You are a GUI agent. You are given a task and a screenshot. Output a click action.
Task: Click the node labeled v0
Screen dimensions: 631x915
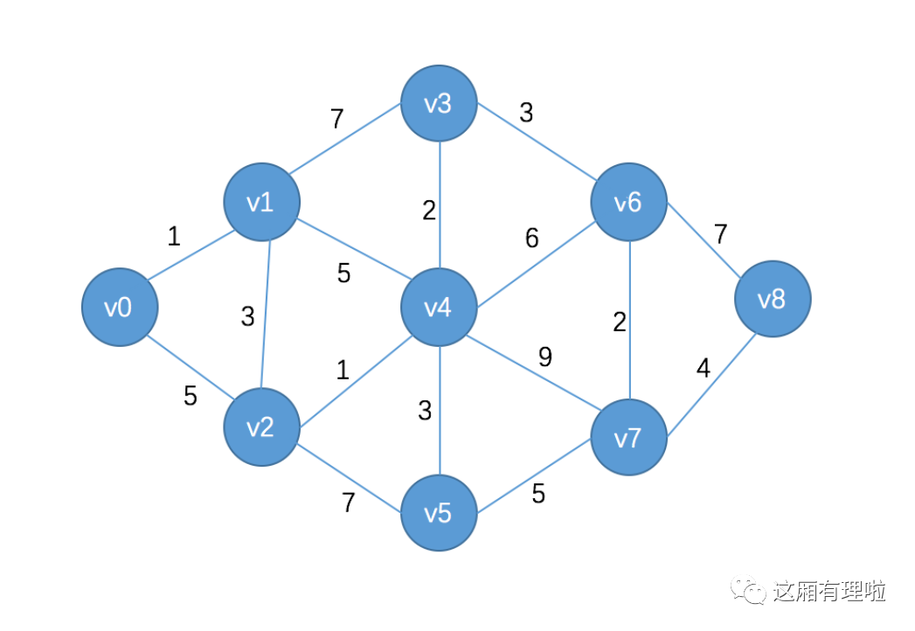click(x=120, y=308)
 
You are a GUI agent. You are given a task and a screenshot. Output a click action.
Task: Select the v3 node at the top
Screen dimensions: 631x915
click(x=439, y=104)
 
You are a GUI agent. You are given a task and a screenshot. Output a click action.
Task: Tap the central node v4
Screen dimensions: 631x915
click(x=439, y=307)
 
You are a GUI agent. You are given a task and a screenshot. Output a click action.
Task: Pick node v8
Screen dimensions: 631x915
click(x=772, y=300)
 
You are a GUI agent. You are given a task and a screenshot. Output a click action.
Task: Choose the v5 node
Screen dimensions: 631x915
click(x=439, y=513)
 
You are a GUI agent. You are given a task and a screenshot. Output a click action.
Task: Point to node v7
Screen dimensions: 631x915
click(x=628, y=437)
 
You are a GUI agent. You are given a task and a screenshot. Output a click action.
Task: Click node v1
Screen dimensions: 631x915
click(x=261, y=203)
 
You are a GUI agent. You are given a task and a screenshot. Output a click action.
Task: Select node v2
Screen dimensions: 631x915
click(x=261, y=427)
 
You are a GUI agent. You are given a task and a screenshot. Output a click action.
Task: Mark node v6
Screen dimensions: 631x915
click(x=628, y=203)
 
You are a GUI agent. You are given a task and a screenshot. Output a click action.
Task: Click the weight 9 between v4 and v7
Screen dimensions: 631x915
click(x=545, y=357)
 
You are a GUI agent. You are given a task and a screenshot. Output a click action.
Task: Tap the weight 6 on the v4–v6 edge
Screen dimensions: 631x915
click(x=532, y=238)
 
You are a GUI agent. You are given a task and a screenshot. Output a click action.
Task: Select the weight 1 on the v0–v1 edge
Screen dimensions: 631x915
click(x=174, y=236)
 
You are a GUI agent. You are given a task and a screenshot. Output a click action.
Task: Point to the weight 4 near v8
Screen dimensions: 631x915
click(x=704, y=368)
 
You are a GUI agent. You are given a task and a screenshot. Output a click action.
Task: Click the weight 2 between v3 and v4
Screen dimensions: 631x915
click(x=428, y=211)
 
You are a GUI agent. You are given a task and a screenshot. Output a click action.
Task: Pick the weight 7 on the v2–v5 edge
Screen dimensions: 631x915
click(x=348, y=503)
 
